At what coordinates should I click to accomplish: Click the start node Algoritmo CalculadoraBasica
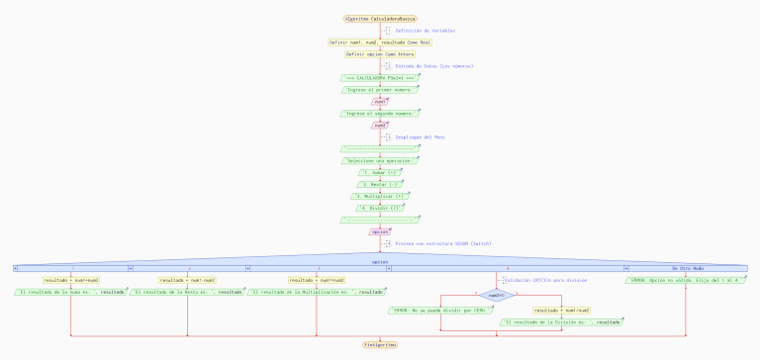379,19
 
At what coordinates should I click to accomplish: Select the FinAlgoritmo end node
379,344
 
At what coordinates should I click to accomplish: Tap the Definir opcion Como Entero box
379,54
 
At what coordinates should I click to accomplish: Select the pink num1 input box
379,101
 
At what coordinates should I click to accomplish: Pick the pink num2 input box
379,125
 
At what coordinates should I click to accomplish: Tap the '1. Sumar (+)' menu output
379,172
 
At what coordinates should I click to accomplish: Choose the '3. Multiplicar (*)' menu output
379,196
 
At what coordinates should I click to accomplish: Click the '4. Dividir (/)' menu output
379,208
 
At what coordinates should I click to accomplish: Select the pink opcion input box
379,231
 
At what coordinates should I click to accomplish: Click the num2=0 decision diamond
496,295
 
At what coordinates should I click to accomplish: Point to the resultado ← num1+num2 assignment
71,280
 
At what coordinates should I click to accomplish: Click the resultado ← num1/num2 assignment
561,310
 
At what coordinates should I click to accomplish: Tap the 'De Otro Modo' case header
687,268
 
